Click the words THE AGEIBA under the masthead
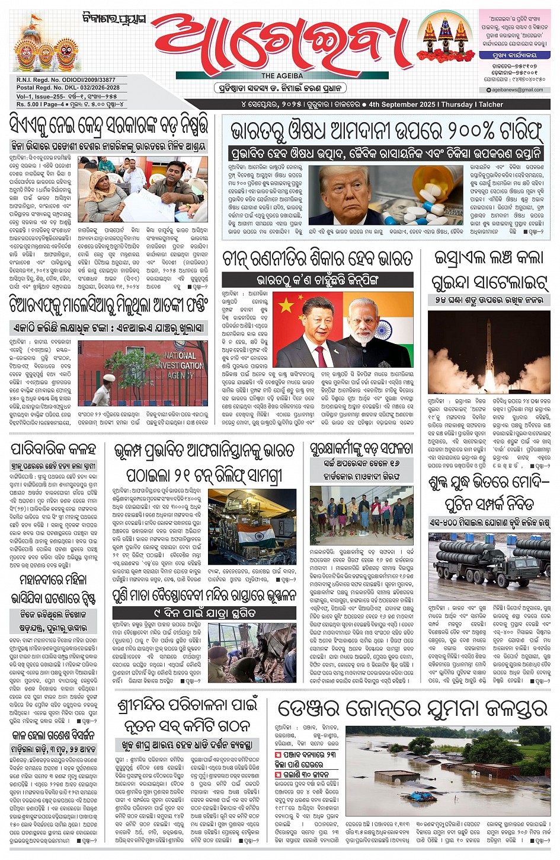click(x=282, y=76)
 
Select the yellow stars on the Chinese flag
click(x=288, y=306)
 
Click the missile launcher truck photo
click(x=489, y=561)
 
